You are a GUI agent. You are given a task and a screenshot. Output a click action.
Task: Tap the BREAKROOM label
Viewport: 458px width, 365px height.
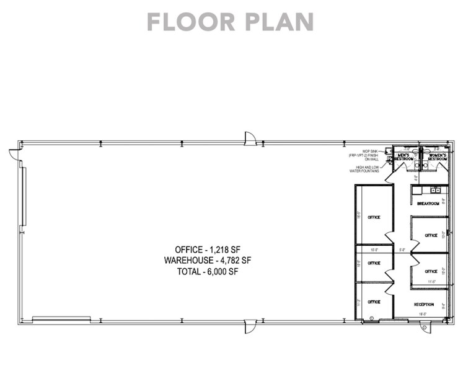pos(428,204)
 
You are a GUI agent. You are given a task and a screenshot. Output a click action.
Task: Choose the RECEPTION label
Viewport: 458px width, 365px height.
pos(423,304)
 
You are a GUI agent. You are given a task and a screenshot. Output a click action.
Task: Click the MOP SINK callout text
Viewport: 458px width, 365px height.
pos(365,155)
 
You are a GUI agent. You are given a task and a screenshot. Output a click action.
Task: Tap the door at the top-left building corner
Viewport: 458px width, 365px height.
pos(14,153)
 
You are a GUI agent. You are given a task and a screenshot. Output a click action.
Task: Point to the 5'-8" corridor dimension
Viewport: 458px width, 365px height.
pos(402,250)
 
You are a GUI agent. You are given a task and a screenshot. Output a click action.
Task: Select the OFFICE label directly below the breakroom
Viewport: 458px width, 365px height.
pos(431,235)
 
